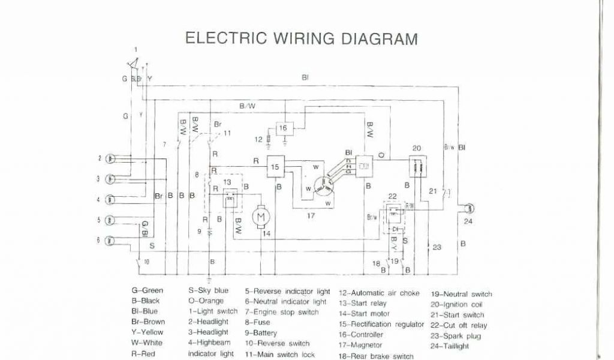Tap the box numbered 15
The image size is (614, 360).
coord(275,168)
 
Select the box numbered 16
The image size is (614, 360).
coord(284,128)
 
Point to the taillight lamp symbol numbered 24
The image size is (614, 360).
coord(469,208)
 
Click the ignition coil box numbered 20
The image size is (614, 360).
coord(417,167)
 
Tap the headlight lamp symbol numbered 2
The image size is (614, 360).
coord(110,159)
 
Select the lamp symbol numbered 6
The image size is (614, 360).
coord(110,241)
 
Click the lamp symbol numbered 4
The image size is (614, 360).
coord(110,200)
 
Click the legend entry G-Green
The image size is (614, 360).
coord(147,290)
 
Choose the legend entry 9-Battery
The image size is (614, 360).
coord(261,333)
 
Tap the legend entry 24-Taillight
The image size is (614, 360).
coord(450,346)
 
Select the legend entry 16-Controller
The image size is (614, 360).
coord(361,335)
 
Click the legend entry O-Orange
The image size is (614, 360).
coord(206,301)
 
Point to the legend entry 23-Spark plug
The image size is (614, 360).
coord(454,336)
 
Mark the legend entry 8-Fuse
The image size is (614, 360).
coord(258,322)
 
